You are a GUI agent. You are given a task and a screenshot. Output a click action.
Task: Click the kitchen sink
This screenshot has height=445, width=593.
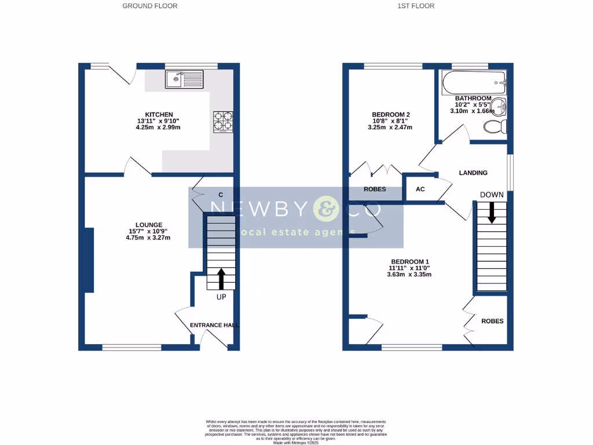(x=184, y=79)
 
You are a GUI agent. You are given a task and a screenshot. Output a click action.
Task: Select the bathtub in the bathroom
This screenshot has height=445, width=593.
(x=474, y=83)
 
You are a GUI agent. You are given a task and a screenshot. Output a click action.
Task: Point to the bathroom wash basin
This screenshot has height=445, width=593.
(x=500, y=107)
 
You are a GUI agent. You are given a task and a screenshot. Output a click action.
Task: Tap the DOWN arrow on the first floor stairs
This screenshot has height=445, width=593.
(x=492, y=212)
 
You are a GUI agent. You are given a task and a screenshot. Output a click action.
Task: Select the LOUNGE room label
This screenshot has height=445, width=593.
(x=149, y=225)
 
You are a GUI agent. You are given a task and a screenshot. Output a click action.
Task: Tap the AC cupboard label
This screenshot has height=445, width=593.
(x=420, y=189)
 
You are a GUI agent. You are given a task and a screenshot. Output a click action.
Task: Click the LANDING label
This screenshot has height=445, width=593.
(x=473, y=173)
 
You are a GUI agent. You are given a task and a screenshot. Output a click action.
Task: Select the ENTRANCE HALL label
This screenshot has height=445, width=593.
(x=214, y=326)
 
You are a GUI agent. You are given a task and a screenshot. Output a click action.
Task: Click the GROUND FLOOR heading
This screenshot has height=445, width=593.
(x=150, y=6)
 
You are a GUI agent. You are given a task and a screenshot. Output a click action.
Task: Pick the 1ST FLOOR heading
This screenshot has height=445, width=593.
(x=416, y=6)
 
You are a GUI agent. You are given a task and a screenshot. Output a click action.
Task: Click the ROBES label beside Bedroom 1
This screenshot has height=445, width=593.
(x=492, y=321)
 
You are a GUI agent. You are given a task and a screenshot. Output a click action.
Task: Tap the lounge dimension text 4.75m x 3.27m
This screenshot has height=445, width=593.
(x=149, y=238)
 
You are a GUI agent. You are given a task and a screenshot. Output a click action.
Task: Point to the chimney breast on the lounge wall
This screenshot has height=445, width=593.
(x=89, y=260)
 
